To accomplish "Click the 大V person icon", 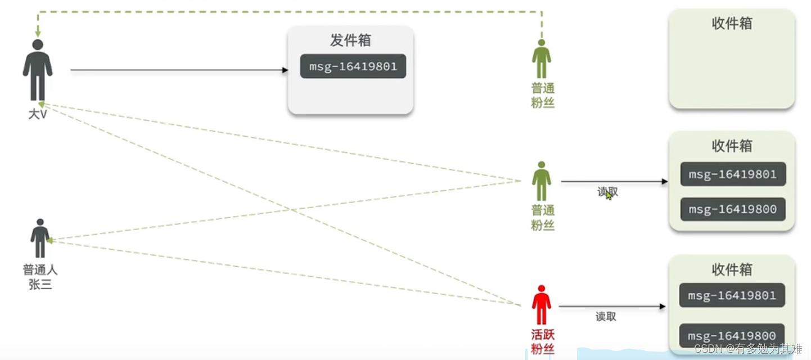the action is pyautogui.click(x=38, y=70).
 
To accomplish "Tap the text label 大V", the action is pyautogui.click(x=37, y=114).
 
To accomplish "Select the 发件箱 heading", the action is pyautogui.click(x=350, y=40).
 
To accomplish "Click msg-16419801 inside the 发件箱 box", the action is pyautogui.click(x=353, y=66).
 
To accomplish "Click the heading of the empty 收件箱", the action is pyautogui.click(x=732, y=24).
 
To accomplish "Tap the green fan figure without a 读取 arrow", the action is pyautogui.click(x=542, y=59).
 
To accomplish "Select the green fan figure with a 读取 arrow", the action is pyautogui.click(x=542, y=181).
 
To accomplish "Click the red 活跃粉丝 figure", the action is pyautogui.click(x=541, y=305).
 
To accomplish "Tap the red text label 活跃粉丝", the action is pyautogui.click(x=543, y=341).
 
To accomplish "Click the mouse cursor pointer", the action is pyautogui.click(x=609, y=195).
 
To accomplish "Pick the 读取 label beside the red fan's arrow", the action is pyautogui.click(x=606, y=317).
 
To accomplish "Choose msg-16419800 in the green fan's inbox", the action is pyautogui.click(x=732, y=209).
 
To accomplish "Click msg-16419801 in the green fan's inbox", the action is pyautogui.click(x=732, y=174).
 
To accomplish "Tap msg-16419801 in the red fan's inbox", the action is pyautogui.click(x=732, y=295).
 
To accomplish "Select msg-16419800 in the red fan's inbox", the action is pyautogui.click(x=732, y=336).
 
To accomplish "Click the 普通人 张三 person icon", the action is pyautogui.click(x=40, y=238).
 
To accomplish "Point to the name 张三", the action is pyautogui.click(x=40, y=284).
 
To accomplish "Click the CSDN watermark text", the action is pyautogui.click(x=749, y=349).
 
